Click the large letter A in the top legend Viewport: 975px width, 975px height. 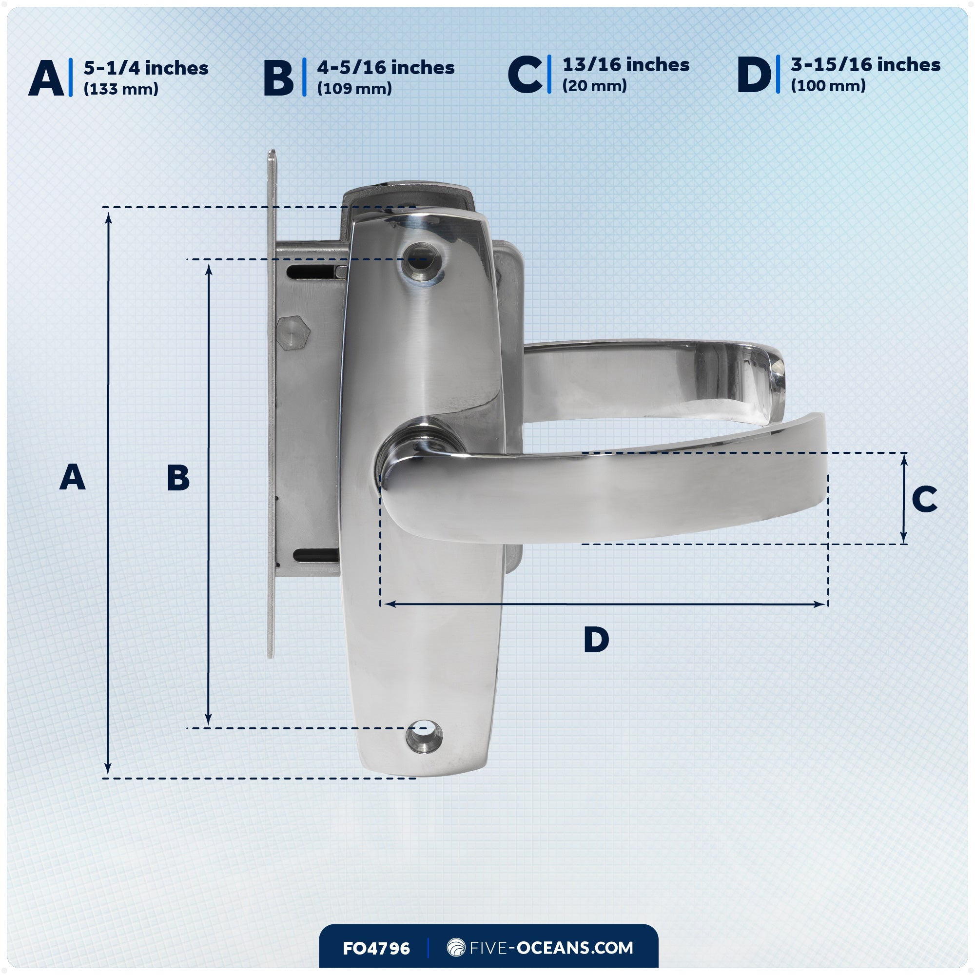pyautogui.click(x=46, y=78)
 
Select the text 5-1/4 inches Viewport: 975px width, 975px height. pyautogui.click(x=146, y=68)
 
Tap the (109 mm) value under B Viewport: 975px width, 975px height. pyautogui.click(x=354, y=89)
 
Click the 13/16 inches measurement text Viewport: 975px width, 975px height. pyautogui.click(x=626, y=65)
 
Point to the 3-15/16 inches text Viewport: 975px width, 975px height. pyautogui.click(x=865, y=65)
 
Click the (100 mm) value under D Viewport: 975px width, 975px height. pyautogui.click(x=828, y=86)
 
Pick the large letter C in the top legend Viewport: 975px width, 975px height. pyautogui.click(x=525, y=76)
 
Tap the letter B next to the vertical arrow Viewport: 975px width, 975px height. pyautogui.click(x=178, y=478)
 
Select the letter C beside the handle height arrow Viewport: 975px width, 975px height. pyautogui.click(x=924, y=499)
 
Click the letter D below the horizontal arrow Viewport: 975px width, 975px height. pyautogui.click(x=596, y=640)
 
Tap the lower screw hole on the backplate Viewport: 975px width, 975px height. pyautogui.click(x=424, y=737)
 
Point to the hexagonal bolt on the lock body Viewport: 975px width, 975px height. pyautogui.click(x=293, y=333)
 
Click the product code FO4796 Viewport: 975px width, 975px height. pyautogui.click(x=376, y=949)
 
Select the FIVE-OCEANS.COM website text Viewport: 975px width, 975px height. pyautogui.click(x=550, y=948)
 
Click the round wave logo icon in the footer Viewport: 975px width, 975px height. pyautogui.click(x=456, y=947)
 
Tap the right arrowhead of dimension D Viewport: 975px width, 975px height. pyautogui.click(x=819, y=604)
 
